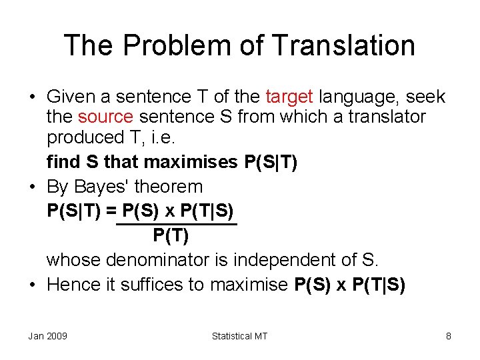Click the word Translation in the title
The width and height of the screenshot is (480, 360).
[345, 45]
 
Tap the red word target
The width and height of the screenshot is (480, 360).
[290, 97]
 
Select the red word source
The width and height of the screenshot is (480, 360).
[105, 117]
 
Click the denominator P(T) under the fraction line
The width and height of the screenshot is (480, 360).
[171, 235]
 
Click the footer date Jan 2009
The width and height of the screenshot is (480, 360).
[47, 336]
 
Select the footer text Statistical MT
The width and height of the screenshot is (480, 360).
[239, 336]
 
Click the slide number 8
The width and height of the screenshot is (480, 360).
[449, 336]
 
